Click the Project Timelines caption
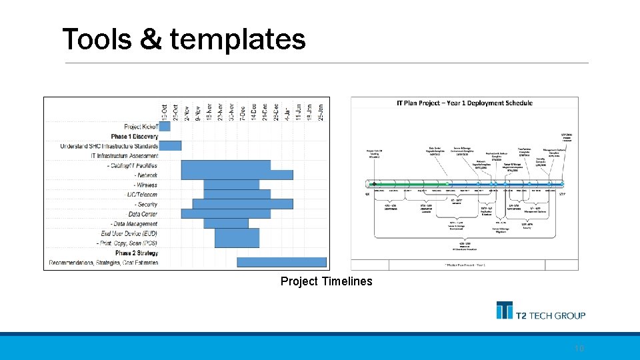pyautogui.click(x=326, y=281)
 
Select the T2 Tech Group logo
pyautogui.click(x=541, y=311)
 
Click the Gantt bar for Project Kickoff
pyautogui.click(x=165, y=126)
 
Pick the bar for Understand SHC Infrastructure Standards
pyautogui.click(x=170, y=145)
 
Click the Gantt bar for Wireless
pyautogui.click(x=231, y=185)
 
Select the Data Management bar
pyautogui.click(x=225, y=223)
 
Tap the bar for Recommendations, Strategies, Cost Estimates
pyautogui.click(x=281, y=263)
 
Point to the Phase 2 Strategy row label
pyautogui.click(x=136, y=253)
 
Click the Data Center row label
pyautogui.click(x=143, y=214)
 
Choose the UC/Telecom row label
pyautogui.click(x=141, y=194)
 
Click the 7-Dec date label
pyautogui.click(x=243, y=111)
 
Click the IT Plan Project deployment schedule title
pyautogui.click(x=464, y=103)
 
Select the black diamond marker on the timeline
pyautogui.click(x=375, y=184)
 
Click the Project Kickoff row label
pyautogui.click(x=141, y=126)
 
